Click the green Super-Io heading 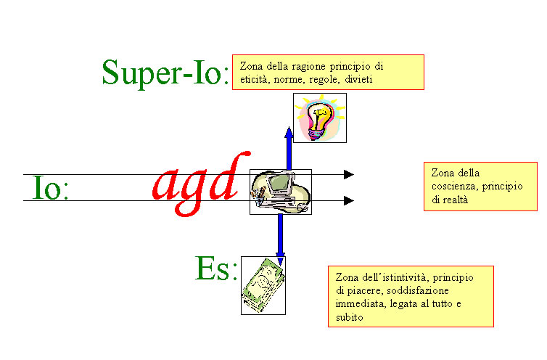tap(165, 73)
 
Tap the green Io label tap(50, 188)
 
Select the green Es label tap(216, 268)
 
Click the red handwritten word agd tap(201, 184)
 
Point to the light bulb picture tap(320, 118)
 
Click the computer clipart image tap(281, 192)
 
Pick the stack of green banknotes tap(263, 286)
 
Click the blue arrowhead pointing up tap(289, 133)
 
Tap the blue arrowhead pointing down tap(280, 259)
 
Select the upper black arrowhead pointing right tap(348, 174)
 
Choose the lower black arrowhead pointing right tap(348, 200)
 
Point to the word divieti tap(358, 79)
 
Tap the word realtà tap(455, 200)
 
